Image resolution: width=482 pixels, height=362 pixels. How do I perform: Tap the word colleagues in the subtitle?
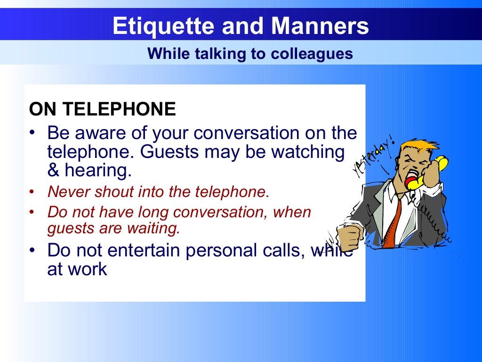[312, 54]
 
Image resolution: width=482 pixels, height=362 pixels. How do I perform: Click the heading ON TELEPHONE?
[102, 110]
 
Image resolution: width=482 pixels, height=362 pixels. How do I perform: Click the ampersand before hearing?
[53, 170]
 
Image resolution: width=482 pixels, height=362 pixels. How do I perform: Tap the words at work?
[77, 269]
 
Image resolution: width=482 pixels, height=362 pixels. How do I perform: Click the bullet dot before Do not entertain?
[32, 250]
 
